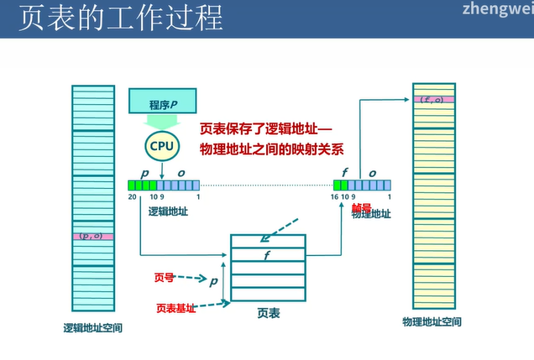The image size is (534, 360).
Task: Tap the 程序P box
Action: point(165,102)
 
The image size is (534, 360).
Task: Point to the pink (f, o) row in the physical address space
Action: point(433,100)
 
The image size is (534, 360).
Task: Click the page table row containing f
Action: point(268,255)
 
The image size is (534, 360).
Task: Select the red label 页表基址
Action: point(175,308)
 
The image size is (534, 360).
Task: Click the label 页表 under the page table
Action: point(268,313)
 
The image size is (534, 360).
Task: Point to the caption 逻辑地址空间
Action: point(93,327)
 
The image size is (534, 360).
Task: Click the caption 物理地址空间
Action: point(432,322)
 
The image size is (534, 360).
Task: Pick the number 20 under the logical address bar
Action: point(133,197)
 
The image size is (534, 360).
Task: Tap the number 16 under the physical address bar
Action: point(336,197)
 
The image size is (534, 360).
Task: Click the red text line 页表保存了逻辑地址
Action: point(266,130)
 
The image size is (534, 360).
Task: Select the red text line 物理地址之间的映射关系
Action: point(271,149)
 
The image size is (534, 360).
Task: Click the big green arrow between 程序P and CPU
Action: point(161,123)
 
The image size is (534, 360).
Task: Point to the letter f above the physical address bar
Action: point(345,173)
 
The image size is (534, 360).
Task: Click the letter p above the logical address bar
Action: point(144,173)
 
